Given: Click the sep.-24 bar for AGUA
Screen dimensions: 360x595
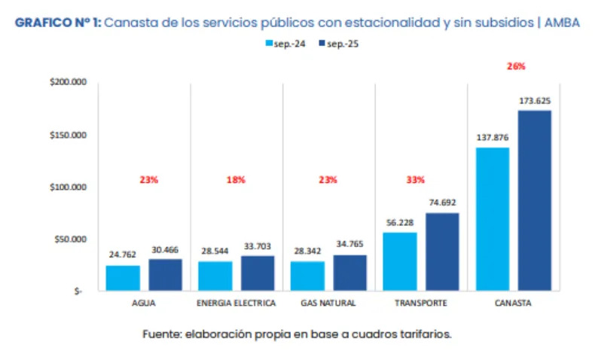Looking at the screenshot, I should click(123, 278).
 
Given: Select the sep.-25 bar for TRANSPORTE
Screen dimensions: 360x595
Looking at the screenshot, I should click(442, 252).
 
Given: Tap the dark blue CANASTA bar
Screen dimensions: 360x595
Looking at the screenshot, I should click(535, 200).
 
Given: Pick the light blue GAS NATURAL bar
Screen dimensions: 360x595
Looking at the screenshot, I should click(307, 276).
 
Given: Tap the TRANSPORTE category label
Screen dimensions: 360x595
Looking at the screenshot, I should click(420, 304).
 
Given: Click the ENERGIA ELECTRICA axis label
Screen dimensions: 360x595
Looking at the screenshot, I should click(236, 304).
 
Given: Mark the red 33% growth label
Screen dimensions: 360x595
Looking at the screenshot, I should click(416, 180).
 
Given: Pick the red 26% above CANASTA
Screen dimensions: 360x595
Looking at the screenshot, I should click(516, 66).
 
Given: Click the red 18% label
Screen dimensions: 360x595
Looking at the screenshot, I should click(236, 180).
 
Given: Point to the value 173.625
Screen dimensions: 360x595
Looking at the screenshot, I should click(535, 101).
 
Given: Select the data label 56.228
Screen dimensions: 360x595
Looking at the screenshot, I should click(400, 222).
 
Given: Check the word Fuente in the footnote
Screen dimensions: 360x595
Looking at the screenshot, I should click(161, 334).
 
